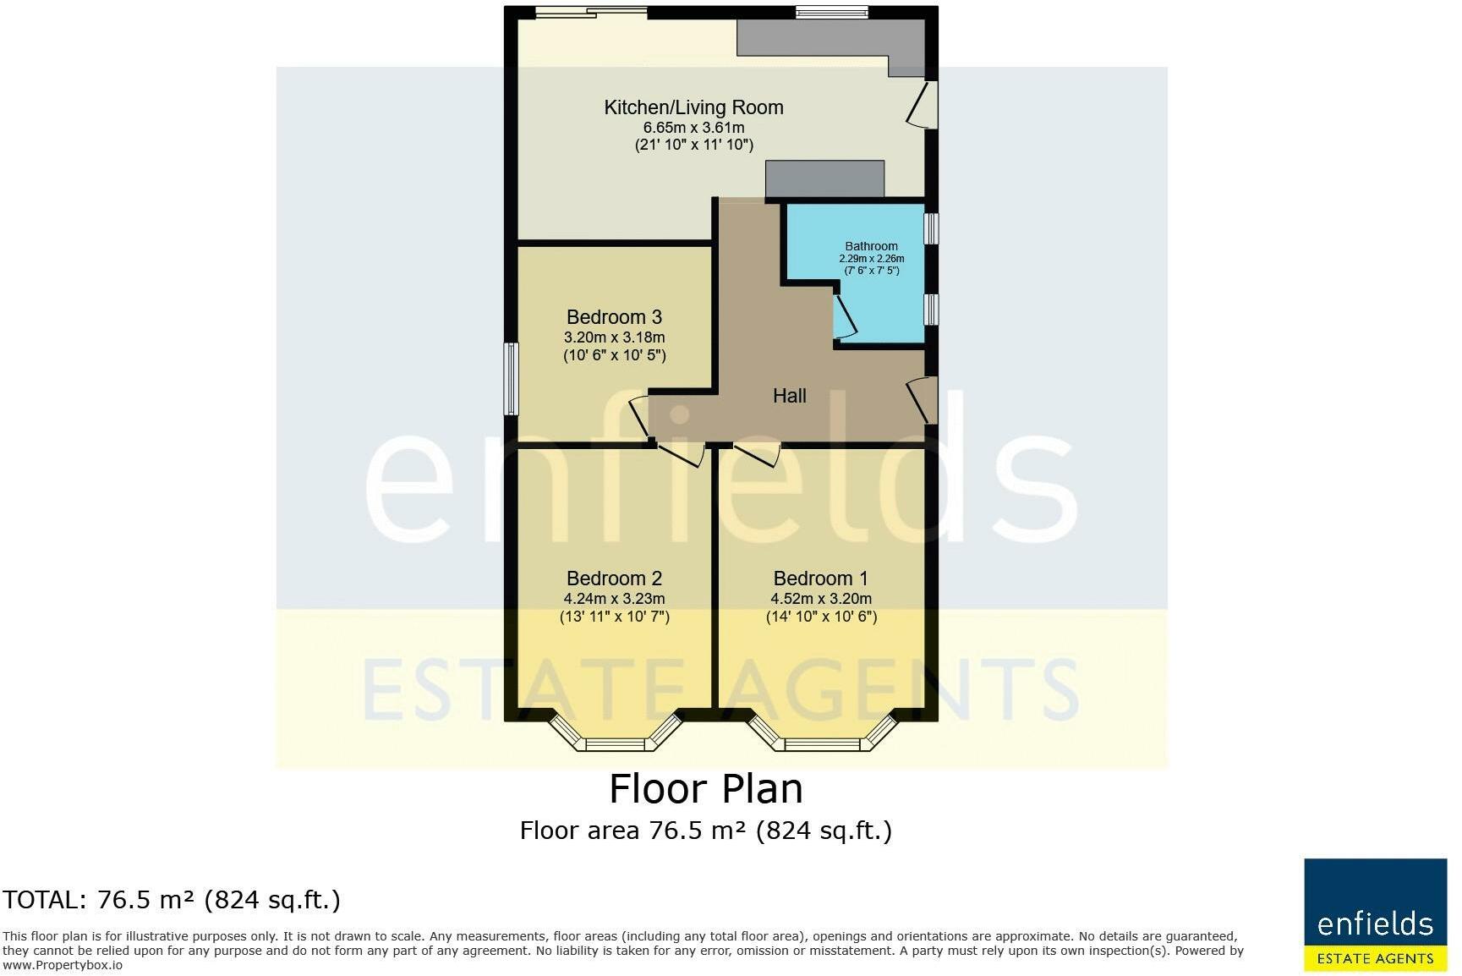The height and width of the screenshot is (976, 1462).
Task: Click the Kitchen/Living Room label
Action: [693, 107]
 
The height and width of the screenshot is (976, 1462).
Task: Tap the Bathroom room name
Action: [871, 246]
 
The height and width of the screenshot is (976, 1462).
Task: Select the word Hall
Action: [790, 396]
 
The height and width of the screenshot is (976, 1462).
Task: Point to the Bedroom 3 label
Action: [614, 317]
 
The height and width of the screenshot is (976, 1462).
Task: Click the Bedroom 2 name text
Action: [614, 578]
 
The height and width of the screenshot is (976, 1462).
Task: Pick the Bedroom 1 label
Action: [821, 578]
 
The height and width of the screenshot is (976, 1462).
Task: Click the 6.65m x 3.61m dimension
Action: [694, 128]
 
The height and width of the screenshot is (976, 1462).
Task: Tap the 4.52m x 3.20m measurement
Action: [821, 599]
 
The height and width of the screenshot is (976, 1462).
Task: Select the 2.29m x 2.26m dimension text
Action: [872, 259]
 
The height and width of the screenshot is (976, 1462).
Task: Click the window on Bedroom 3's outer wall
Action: [512, 379]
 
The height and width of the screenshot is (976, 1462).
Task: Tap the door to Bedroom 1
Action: [757, 453]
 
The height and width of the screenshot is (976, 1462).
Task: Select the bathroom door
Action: [844, 316]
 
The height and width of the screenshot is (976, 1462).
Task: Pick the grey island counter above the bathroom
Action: [824, 179]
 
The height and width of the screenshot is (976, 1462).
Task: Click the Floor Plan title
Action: [706, 788]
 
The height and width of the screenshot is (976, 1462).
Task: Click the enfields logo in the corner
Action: [1376, 915]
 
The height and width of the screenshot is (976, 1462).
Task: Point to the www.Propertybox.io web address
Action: [63, 965]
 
